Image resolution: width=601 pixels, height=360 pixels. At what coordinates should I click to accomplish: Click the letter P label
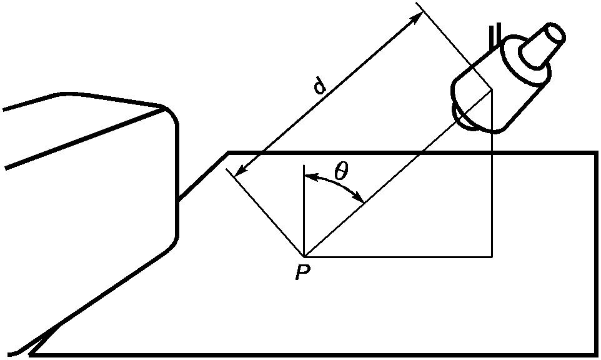(x=302, y=272)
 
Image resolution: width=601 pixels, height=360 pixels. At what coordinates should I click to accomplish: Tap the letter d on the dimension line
(x=319, y=86)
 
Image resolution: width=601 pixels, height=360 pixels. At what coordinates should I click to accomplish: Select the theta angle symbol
(x=340, y=171)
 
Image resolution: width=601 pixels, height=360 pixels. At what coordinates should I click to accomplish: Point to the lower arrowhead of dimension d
(x=241, y=171)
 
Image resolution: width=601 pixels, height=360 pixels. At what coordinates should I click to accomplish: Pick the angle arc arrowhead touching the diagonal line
(x=358, y=196)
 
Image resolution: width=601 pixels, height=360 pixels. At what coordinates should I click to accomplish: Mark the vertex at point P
(x=304, y=256)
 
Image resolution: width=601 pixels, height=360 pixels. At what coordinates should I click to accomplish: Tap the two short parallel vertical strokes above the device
(x=495, y=36)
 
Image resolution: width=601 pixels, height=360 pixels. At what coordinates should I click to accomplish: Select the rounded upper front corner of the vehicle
(x=171, y=114)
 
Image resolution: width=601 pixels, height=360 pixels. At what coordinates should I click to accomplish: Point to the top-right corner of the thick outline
(x=596, y=152)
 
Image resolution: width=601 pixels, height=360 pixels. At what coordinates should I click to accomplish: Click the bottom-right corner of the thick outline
(x=596, y=354)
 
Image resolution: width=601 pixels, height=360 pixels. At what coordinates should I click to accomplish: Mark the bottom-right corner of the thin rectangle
(x=492, y=256)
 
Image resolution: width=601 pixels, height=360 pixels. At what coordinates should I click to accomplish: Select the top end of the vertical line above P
(x=304, y=165)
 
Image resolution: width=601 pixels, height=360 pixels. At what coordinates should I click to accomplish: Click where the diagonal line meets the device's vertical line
(x=492, y=90)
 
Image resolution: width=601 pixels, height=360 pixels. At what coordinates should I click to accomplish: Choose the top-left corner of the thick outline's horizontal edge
(x=229, y=152)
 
